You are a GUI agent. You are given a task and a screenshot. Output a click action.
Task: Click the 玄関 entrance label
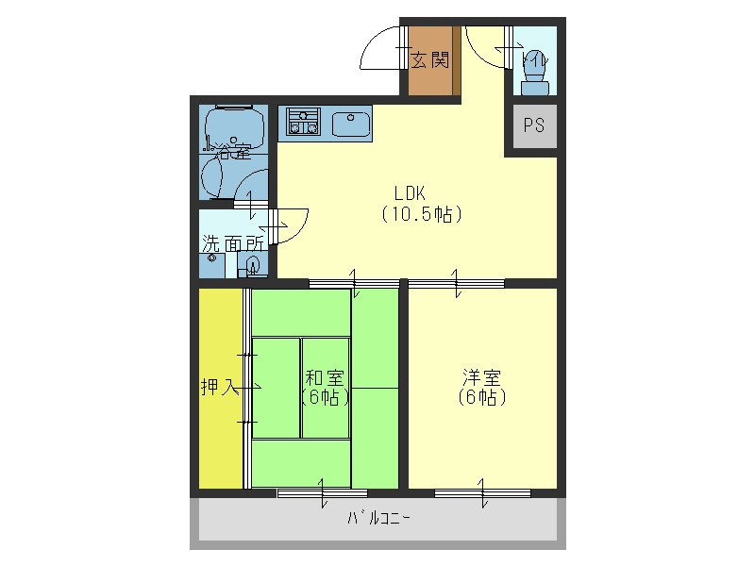click(x=429, y=60)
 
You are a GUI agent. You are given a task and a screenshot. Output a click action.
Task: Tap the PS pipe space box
click(x=534, y=126)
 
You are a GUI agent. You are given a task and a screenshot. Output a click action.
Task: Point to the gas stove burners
click(x=304, y=122)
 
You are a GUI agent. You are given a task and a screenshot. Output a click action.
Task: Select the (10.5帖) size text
click(x=421, y=214)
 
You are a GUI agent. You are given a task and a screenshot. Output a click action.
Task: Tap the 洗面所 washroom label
click(x=232, y=242)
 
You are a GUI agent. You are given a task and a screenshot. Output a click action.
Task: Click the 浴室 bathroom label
click(x=230, y=148)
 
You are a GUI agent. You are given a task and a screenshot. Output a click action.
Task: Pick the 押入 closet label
click(x=219, y=387)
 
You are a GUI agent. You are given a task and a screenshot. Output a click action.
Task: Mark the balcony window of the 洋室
click(x=481, y=491)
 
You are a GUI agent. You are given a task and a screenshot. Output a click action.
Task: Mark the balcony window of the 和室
click(x=322, y=491)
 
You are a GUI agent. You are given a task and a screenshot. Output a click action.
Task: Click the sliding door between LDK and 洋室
click(x=456, y=282)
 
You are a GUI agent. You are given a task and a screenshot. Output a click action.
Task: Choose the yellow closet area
click(x=220, y=434)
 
